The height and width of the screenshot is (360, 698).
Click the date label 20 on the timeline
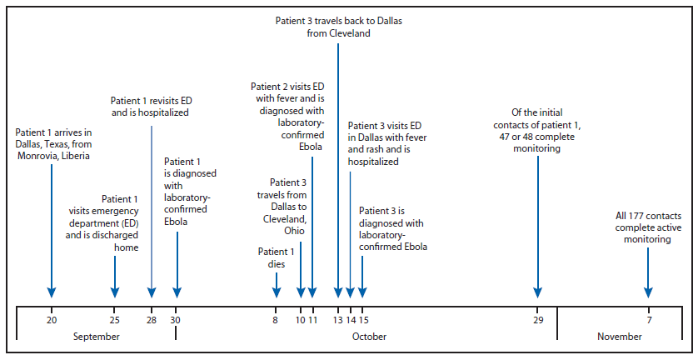(52, 319)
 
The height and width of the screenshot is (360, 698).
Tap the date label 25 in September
(115, 319)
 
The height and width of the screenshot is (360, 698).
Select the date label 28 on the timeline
(151, 319)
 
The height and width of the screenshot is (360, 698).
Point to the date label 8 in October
(276, 319)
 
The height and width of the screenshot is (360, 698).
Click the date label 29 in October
(538, 319)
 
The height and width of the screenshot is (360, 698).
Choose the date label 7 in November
(648, 319)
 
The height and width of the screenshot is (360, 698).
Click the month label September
(96, 337)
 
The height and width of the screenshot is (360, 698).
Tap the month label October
(368, 337)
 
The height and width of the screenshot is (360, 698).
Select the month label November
(619, 337)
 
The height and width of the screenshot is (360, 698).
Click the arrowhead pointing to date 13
(338, 292)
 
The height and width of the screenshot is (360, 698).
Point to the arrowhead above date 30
(177, 292)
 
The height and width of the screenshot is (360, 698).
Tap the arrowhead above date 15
(362, 292)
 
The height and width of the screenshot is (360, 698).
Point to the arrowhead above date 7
(648, 292)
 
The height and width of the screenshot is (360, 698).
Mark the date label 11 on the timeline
(312, 319)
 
